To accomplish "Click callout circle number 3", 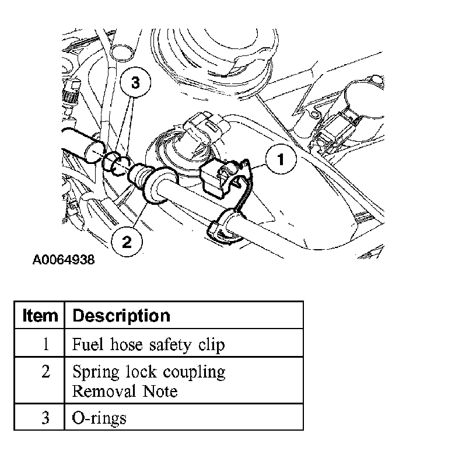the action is tap(135, 83).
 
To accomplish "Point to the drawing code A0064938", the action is tap(64, 259).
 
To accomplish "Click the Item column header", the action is tap(40, 316).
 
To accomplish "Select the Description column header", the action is tap(121, 316).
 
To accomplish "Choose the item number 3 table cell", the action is tap(45, 417).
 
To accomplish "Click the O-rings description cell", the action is tap(99, 418).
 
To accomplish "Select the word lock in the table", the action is tap(140, 372).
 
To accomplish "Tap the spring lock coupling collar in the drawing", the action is tap(152, 185).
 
